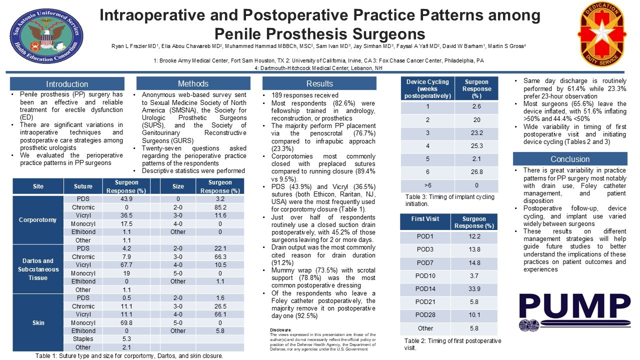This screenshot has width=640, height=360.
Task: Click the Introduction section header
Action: [67, 84]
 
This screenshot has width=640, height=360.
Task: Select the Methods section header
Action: [193, 83]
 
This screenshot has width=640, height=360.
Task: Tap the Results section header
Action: [319, 83]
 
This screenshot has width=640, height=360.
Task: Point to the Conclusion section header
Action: [570, 159]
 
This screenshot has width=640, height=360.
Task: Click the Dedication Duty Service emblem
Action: [602, 34]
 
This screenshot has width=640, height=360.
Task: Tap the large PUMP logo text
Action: [573, 306]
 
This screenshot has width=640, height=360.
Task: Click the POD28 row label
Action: [425, 315]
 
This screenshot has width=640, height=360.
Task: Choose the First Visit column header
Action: [425, 219]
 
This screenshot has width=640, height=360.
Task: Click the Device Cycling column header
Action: [427, 88]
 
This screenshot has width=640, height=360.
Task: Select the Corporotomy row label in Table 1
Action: [38, 219]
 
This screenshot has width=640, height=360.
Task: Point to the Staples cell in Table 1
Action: [83, 339]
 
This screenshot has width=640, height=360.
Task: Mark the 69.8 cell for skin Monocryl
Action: [126, 322]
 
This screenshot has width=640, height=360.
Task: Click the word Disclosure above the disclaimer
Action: [280, 330]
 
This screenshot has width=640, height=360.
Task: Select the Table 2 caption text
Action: [452, 344]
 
